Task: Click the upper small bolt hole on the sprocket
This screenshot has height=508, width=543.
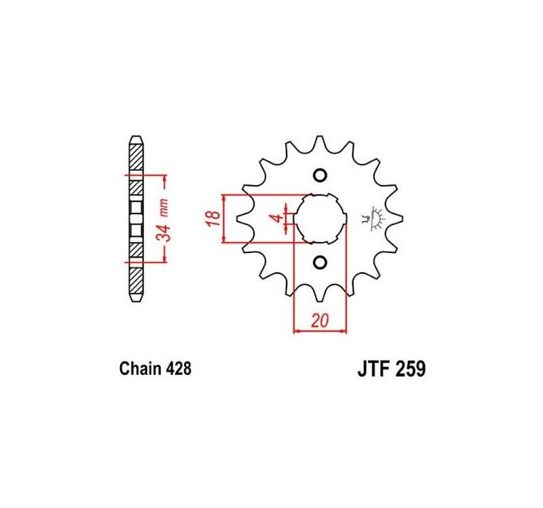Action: [x=320, y=175]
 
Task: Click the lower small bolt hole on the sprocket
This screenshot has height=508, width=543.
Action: [x=320, y=262]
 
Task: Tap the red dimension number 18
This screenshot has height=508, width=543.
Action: [x=214, y=218]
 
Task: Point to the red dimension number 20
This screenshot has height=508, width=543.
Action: [x=319, y=321]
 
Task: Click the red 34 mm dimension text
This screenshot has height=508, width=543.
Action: [x=163, y=220]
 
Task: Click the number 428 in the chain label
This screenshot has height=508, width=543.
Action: [x=179, y=369]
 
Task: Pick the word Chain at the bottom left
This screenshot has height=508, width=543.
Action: [x=141, y=369]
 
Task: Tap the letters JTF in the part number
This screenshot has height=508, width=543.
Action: [x=375, y=369]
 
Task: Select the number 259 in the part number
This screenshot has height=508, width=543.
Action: [x=411, y=369]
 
